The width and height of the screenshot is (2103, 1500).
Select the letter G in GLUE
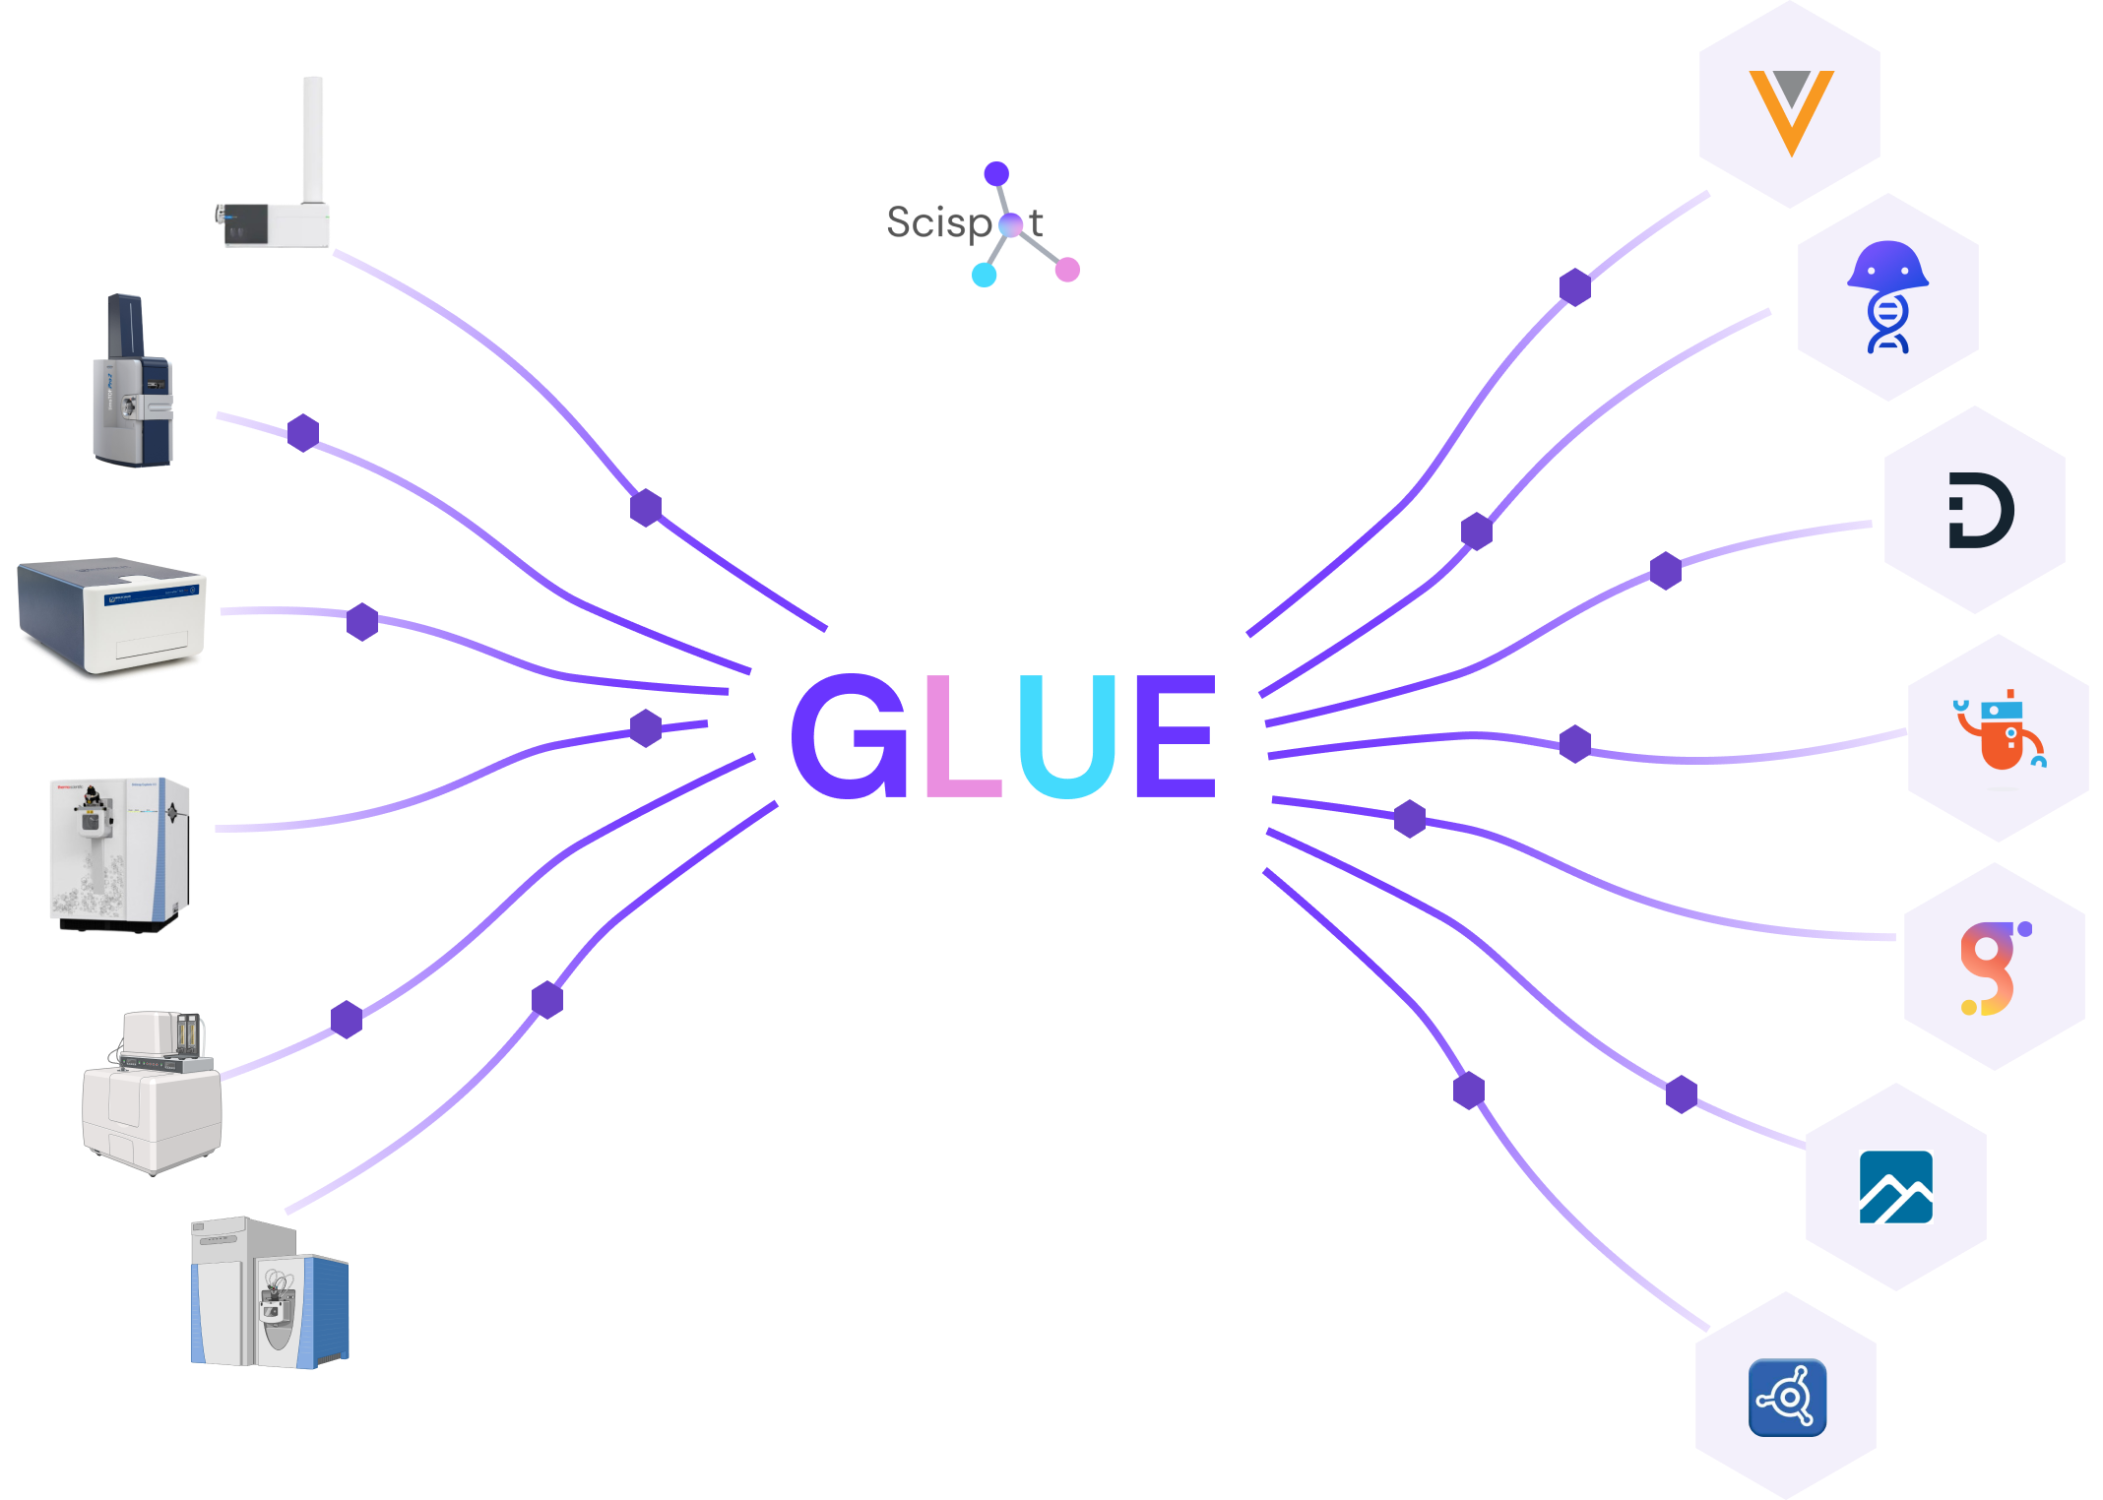click(849, 736)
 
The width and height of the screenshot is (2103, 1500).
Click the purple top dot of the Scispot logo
click(996, 174)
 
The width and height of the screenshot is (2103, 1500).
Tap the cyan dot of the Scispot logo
click(985, 275)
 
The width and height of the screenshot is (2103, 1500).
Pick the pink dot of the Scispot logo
click(1067, 269)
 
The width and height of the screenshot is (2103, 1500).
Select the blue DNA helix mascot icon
click(1887, 296)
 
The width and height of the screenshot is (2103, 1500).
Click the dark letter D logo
click(1980, 510)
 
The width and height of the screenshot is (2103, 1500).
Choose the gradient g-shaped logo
click(1993, 968)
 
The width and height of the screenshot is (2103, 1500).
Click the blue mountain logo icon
click(1895, 1187)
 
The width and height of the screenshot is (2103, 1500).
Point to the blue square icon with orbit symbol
click(1787, 1397)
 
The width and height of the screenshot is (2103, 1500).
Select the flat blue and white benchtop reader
click(113, 620)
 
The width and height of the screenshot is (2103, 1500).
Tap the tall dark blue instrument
click(133, 384)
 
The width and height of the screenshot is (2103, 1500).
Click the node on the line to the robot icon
click(1575, 744)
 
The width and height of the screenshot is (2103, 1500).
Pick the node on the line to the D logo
click(1666, 571)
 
